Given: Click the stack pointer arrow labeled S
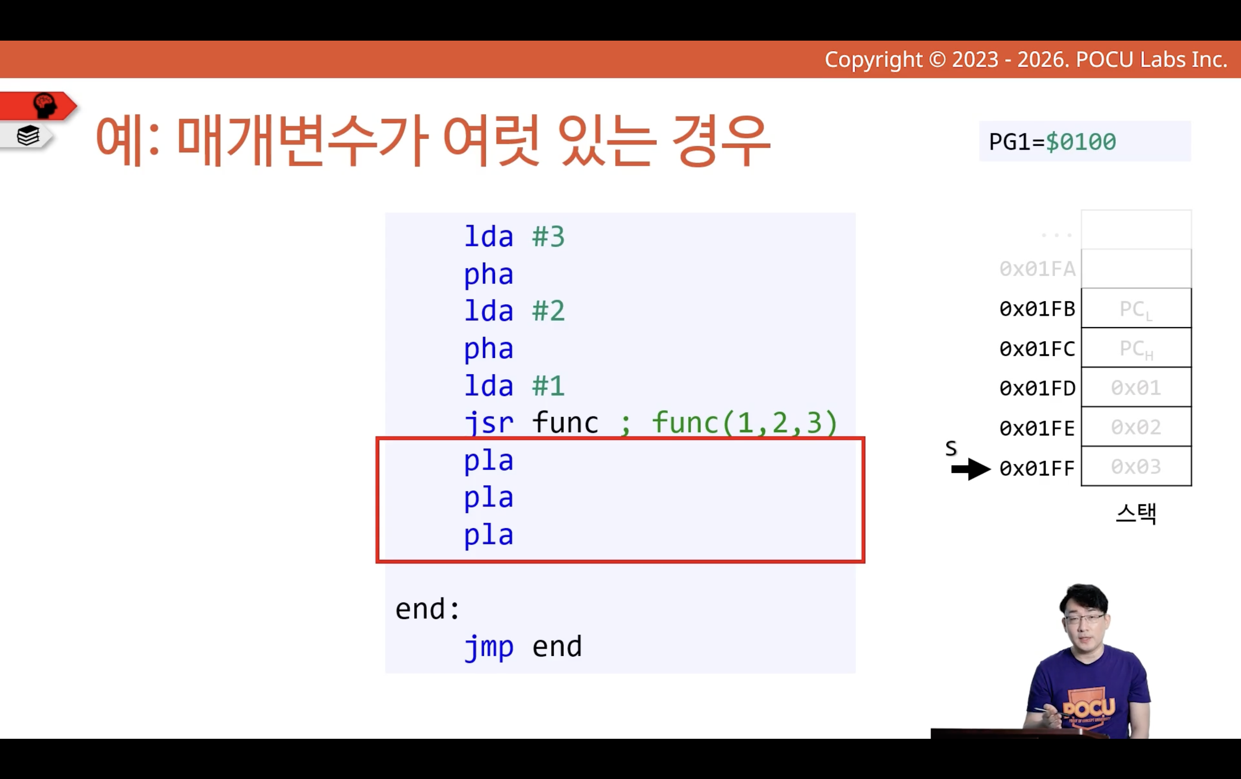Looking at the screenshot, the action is [971, 469].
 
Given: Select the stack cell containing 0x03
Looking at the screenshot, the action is [1136, 466].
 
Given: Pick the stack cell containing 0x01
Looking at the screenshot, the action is [1136, 387].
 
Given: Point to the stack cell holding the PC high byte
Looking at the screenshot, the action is [1136, 348].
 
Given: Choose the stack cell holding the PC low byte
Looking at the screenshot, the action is [1136, 308].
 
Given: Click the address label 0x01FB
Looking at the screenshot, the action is [1037, 309].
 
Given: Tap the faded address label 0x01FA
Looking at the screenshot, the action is [1037, 269].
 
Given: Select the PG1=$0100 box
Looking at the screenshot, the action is [1085, 141].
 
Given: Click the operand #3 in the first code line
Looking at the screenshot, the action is [548, 237].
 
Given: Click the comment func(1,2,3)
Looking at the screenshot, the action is [744, 423].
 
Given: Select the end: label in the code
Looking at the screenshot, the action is [427, 609].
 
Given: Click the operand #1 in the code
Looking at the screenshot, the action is [548, 386].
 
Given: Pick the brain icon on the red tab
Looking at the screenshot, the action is [45, 105].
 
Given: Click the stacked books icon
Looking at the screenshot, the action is [28, 136].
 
